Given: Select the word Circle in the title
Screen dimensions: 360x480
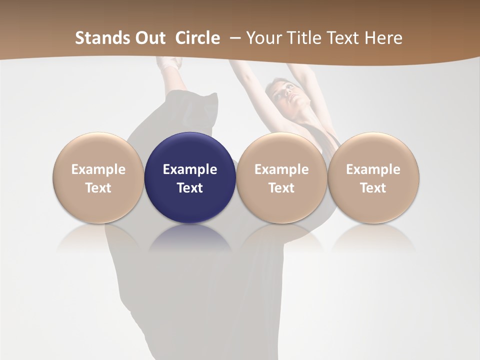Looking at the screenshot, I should point(197,38).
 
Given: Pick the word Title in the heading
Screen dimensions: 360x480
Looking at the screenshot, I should point(303,38).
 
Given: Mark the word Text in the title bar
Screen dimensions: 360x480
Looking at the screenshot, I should point(343,38).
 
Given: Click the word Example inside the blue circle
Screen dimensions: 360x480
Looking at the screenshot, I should point(190,169).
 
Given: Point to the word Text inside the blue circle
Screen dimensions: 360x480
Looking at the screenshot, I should point(190,188).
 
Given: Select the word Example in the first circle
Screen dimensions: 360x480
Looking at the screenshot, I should point(98,169).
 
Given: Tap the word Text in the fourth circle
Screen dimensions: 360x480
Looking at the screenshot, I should point(373,188).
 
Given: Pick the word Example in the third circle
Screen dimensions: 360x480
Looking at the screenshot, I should point(281,169).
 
